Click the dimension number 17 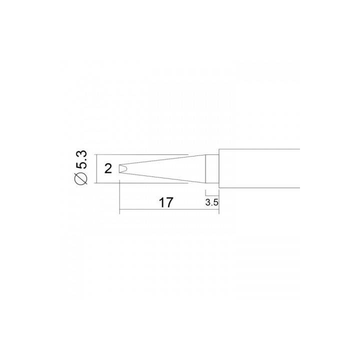click(x=165, y=202)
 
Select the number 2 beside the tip click(x=108, y=168)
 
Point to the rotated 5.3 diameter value click(x=82, y=159)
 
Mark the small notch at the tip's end click(x=122, y=169)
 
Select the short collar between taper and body click(x=213, y=168)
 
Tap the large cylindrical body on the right click(x=260, y=168)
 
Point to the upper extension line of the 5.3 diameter click(x=140, y=154)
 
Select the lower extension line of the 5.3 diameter click(x=140, y=183)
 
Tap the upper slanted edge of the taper click(x=165, y=160)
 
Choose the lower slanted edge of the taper click(x=165, y=177)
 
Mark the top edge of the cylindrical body click(x=260, y=149)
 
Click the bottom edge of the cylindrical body click(x=260, y=188)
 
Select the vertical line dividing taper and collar click(x=207, y=168)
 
